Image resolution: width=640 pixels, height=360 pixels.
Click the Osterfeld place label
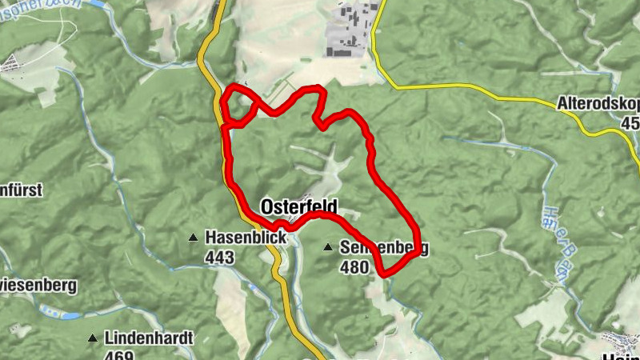click(299, 206)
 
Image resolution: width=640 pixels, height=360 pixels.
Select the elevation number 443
click(219, 257)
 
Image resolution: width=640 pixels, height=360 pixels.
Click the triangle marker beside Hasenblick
click(192, 238)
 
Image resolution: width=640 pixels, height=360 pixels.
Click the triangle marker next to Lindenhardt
click(93, 338)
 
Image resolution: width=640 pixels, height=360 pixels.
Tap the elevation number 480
click(354, 268)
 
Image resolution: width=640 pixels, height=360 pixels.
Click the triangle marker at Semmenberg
click(327, 248)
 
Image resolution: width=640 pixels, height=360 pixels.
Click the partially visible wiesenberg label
click(38, 284)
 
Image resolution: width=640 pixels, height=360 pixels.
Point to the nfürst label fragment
click(21, 190)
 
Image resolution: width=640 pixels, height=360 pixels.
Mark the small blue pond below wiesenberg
click(70, 315)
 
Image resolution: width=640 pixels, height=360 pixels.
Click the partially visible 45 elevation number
click(630, 123)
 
